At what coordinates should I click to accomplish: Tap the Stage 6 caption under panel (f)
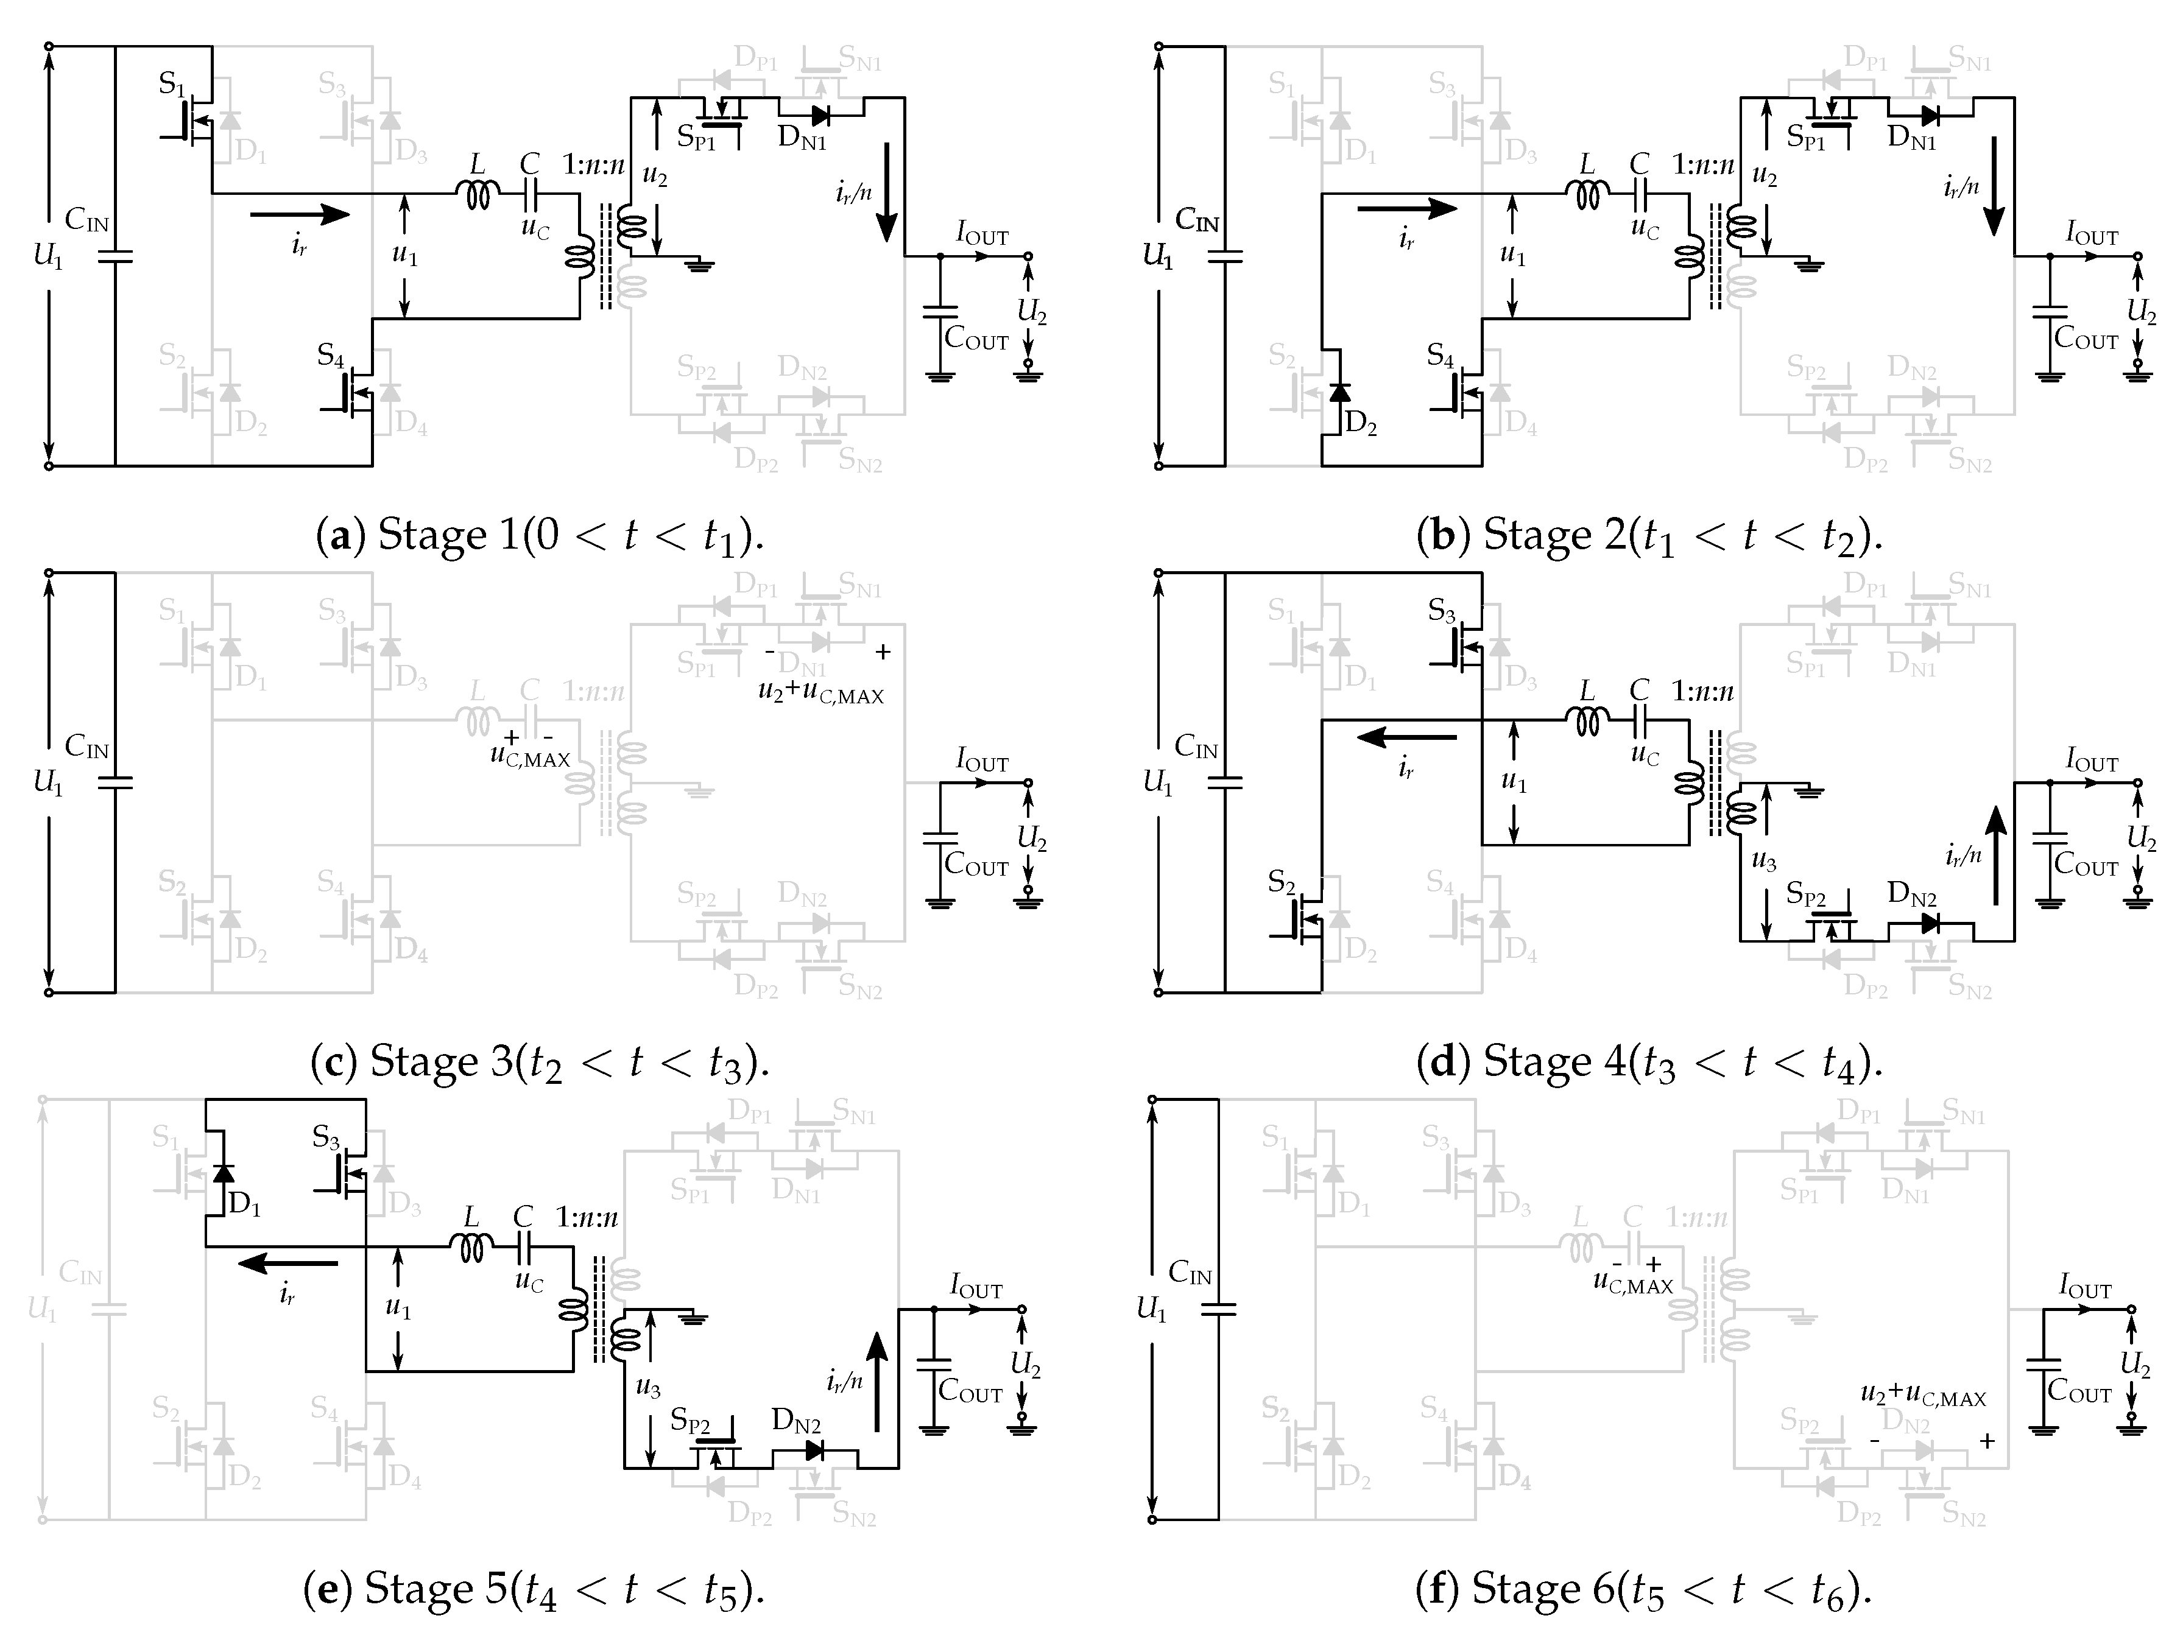click(1643, 1589)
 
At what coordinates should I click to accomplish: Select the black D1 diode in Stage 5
click(224, 1172)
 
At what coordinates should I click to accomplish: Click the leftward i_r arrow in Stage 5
click(287, 1262)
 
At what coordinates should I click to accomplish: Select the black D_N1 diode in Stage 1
click(817, 116)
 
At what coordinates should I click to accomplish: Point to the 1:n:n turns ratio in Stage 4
click(1702, 691)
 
